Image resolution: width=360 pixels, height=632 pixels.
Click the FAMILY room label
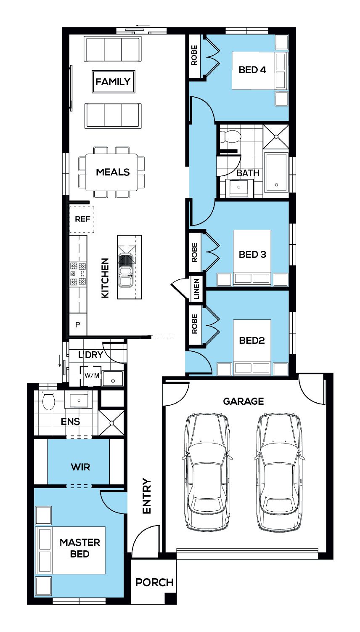point(113,82)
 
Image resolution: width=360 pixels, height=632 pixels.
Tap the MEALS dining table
point(111,172)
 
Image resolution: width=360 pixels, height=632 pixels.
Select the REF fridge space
point(82,220)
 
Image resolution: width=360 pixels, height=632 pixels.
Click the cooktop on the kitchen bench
point(78,274)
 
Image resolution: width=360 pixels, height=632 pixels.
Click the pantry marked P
point(78,324)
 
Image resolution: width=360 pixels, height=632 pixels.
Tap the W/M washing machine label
point(92,375)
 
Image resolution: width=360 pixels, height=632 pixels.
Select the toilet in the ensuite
point(48,400)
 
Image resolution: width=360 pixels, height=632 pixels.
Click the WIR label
point(81,467)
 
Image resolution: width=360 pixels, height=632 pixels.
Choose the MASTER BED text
point(80,548)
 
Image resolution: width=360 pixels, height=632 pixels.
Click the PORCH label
point(154,582)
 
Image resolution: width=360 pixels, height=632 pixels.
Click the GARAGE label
point(243,401)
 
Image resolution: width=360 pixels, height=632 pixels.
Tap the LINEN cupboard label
point(196,289)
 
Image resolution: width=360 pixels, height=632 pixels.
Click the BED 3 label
point(252,255)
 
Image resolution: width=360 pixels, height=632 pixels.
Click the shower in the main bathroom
point(276,137)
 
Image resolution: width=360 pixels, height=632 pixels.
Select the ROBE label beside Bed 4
point(194,55)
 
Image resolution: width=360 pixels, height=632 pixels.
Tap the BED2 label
point(252,340)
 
